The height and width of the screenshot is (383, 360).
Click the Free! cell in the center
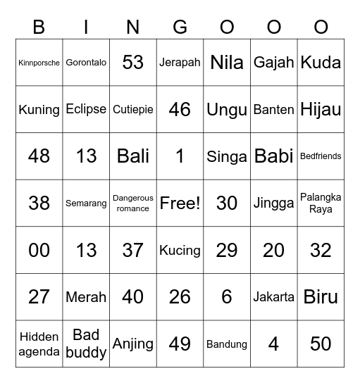point(180,203)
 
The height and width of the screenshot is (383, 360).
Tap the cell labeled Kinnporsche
point(39,63)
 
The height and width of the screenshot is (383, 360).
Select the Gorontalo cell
point(86,63)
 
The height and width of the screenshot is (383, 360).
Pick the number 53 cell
point(133,63)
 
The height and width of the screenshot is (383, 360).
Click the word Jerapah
point(180,63)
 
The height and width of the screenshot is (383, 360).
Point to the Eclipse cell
point(86,109)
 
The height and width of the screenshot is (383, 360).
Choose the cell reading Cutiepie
point(133,109)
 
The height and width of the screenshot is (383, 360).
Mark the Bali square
point(133,156)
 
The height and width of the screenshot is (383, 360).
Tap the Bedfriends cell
point(321,156)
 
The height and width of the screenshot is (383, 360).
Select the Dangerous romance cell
point(133,203)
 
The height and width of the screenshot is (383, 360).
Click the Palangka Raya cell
point(321,203)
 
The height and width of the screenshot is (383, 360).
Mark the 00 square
point(39,250)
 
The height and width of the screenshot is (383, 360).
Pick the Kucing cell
point(180,250)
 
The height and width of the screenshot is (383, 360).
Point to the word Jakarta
point(273,297)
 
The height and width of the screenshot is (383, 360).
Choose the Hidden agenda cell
point(39,344)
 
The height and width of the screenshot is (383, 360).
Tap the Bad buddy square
point(86,344)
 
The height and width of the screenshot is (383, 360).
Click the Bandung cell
point(227,344)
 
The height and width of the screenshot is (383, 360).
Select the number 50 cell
point(321,344)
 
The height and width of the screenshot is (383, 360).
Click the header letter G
point(180,27)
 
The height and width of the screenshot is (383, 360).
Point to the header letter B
point(39,27)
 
